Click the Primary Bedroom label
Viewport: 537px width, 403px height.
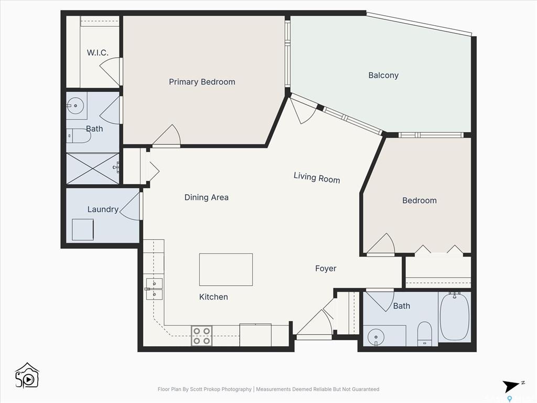[x=202, y=82]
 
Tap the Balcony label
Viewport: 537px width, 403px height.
[x=383, y=76]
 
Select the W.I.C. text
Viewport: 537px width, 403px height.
[x=98, y=53]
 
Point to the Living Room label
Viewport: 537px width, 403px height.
[x=317, y=177]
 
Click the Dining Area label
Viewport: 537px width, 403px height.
[x=206, y=197]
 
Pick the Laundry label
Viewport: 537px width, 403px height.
[x=103, y=209]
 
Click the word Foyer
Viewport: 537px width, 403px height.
[x=326, y=268]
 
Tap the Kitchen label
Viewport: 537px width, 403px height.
[x=213, y=297]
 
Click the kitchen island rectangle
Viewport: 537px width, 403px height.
[x=226, y=270]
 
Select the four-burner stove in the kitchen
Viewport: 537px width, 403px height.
[x=201, y=336]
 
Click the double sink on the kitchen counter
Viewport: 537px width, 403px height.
[x=155, y=289]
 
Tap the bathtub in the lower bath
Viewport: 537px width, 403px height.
[x=455, y=316]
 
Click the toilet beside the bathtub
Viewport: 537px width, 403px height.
[x=425, y=333]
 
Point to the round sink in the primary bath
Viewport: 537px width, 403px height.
[x=75, y=105]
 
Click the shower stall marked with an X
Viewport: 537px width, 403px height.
[x=93, y=168]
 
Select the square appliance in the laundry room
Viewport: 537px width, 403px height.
[x=82, y=230]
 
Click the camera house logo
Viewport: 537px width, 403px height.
[x=27, y=376]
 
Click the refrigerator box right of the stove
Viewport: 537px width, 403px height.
[x=255, y=335]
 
